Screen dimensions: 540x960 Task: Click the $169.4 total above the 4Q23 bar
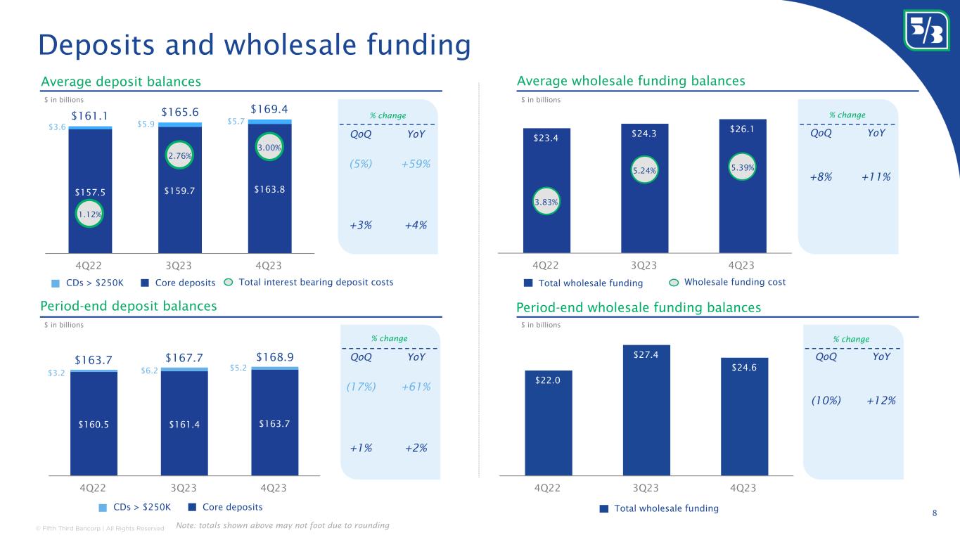click(269, 110)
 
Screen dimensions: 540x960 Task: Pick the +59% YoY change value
click(416, 164)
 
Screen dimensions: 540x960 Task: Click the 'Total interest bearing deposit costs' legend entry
click(309, 283)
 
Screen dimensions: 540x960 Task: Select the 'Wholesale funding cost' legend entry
click(727, 282)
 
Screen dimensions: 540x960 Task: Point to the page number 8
click(934, 513)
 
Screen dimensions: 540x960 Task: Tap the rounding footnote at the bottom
click(282, 525)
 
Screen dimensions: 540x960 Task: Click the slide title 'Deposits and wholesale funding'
click(254, 44)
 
